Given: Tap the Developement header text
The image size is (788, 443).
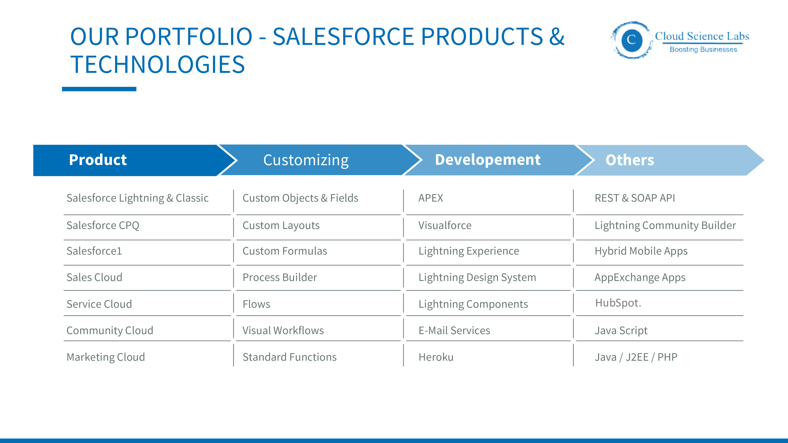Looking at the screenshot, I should [488, 160].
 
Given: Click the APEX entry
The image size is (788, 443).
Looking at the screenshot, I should [430, 198].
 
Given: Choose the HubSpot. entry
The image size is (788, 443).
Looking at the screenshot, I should [618, 303].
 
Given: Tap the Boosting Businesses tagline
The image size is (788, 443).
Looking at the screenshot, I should [703, 50].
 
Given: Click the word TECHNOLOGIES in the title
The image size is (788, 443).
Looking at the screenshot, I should [158, 65].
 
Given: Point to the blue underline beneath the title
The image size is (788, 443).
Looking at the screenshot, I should [99, 89].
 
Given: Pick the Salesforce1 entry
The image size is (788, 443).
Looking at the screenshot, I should [94, 251].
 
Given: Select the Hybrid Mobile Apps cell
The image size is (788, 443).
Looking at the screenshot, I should [641, 251].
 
